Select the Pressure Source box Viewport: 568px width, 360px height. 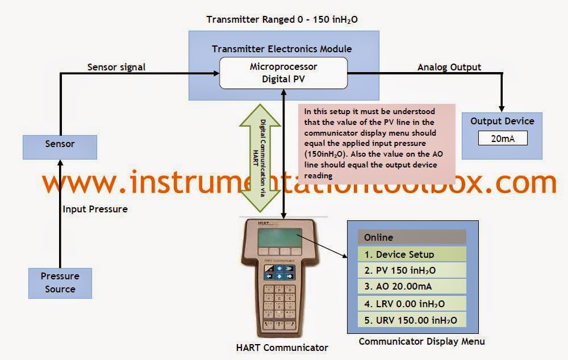[60, 283]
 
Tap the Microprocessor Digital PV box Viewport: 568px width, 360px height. [283, 73]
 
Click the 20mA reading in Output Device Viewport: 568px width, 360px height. [503, 138]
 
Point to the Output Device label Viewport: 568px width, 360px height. [502, 121]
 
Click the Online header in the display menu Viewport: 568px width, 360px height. [411, 237]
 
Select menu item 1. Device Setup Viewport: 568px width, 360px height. [411, 254]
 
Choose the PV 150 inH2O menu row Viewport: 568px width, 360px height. [411, 270]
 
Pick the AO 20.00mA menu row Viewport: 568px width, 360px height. [411, 287]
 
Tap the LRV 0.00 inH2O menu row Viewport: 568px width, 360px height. [411, 304]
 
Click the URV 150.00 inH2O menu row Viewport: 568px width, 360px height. [411, 320]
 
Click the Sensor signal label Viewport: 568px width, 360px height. [116, 67]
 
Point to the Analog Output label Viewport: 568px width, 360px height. [449, 67]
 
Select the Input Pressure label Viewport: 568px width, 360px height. [95, 209]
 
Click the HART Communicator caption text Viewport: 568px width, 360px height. [282, 347]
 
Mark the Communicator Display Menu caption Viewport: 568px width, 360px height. [421, 341]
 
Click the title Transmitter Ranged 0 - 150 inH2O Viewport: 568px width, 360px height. [282, 20]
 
